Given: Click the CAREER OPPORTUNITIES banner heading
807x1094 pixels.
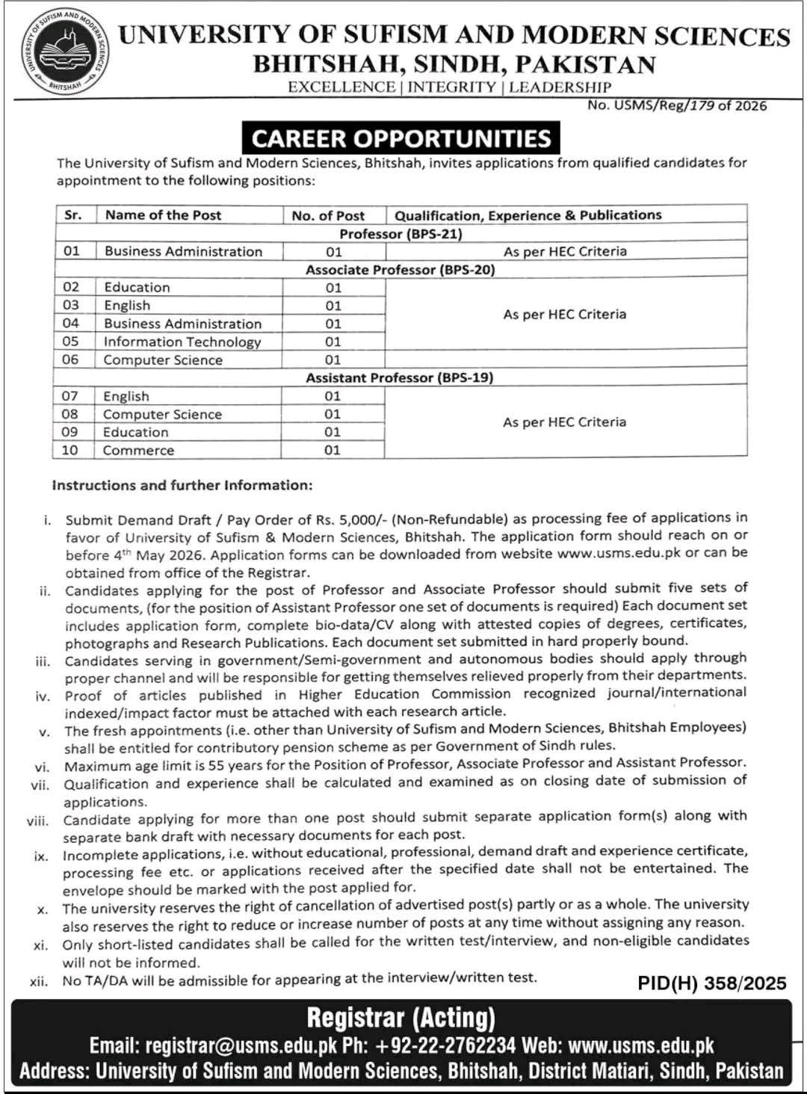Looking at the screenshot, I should coord(401,139).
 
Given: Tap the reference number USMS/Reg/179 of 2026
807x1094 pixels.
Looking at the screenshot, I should coord(677,105).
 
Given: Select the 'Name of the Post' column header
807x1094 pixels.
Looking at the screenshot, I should coord(163,215).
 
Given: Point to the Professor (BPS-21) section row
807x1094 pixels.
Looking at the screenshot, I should coord(401,234).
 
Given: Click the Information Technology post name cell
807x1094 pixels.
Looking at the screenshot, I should coord(182,342).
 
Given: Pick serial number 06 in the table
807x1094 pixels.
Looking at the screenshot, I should coord(70,359).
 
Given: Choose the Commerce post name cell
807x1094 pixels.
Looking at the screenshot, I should coord(138,450).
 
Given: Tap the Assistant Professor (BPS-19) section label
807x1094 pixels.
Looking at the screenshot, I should coord(400,377).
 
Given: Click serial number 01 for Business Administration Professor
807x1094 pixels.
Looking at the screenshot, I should coord(72,251).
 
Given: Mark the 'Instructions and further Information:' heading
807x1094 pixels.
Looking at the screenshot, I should coord(182,485).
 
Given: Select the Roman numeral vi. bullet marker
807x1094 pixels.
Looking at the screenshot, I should coord(42,767).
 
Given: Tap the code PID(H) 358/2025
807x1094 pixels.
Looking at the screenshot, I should coord(712,983).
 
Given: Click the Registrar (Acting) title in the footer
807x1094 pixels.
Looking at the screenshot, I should coord(401,1018).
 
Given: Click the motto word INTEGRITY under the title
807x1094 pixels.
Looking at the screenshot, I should coord(451,87).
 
